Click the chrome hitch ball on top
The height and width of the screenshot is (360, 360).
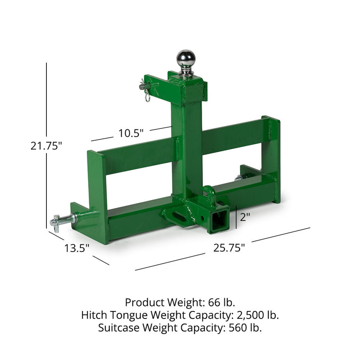[186, 59]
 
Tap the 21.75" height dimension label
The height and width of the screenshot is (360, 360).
[46, 146]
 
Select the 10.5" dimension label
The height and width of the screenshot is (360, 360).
[131, 133]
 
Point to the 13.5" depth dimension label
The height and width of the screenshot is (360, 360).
[77, 248]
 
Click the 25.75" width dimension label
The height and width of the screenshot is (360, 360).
[229, 248]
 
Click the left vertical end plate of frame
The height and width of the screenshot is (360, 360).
[97, 194]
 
